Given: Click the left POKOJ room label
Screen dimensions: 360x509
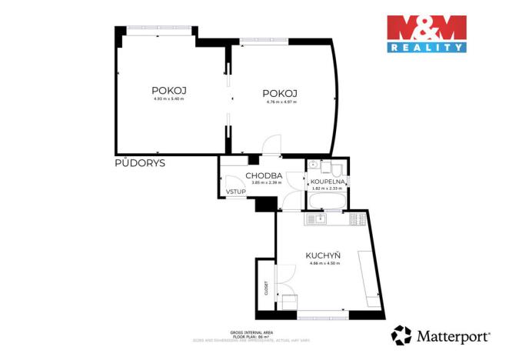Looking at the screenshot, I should (x=169, y=90).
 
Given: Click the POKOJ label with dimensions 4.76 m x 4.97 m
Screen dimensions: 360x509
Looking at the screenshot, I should (x=281, y=94).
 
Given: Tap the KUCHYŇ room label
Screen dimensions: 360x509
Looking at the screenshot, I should (x=323, y=255).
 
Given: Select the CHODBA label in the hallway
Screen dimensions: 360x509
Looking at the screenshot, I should (x=264, y=175).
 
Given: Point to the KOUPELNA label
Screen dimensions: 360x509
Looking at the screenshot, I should (x=327, y=182).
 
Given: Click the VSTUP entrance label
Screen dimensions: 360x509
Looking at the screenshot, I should (x=235, y=192).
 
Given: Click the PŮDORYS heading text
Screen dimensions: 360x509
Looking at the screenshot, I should (x=140, y=163).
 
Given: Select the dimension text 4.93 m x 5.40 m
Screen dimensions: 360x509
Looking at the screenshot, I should (x=169, y=98).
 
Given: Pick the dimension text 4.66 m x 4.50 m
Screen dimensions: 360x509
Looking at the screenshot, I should (x=324, y=264).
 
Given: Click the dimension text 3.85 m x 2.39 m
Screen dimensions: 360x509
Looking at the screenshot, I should (x=264, y=182).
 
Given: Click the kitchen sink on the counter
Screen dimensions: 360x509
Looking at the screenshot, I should (x=315, y=219).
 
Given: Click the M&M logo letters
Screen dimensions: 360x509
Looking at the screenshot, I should (x=426, y=28).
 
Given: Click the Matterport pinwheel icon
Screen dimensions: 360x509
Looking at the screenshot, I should (x=401, y=335).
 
